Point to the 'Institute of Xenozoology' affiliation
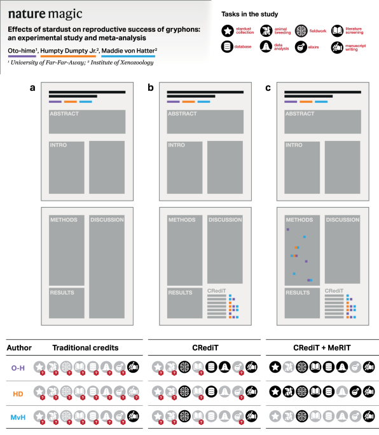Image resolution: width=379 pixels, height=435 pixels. pos(118,62)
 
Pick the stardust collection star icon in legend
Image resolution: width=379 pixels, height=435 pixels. pos(227,30)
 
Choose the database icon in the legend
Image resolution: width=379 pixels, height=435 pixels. pos(227,46)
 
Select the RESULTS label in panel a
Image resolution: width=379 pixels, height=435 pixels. pos(62,293)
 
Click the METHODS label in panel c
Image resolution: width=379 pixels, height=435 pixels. pos(300,220)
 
